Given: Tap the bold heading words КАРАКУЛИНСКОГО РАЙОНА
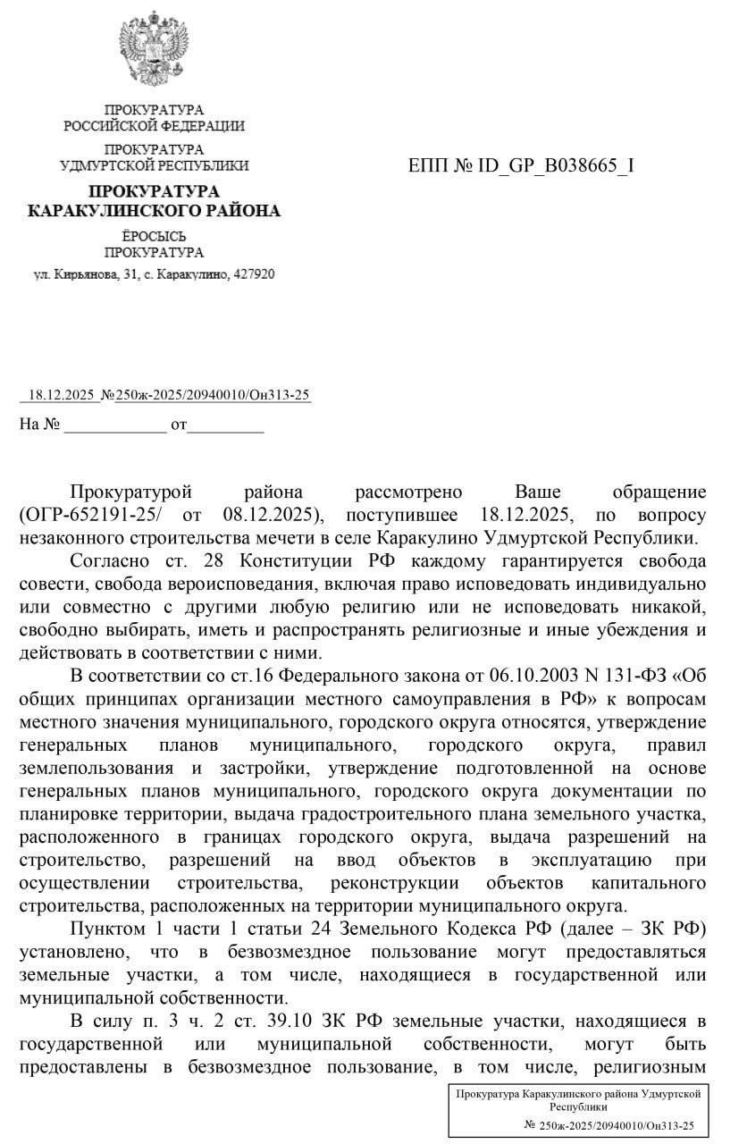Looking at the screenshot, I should (154, 211).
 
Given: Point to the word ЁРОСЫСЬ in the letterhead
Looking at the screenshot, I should (154, 237).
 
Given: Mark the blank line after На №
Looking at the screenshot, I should (115, 425).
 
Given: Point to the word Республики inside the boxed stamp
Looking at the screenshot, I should (577, 1106).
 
